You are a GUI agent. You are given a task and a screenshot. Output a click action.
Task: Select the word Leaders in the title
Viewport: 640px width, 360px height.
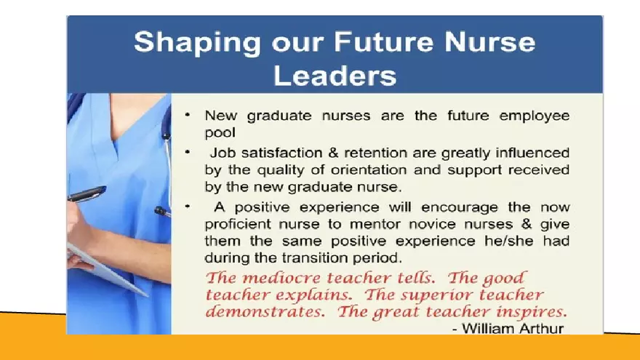pyautogui.click(x=335, y=75)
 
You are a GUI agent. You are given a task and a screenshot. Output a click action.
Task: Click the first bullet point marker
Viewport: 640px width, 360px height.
pyautogui.click(x=188, y=114)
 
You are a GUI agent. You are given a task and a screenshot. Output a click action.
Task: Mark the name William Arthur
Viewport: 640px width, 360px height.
pyautogui.click(x=513, y=329)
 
